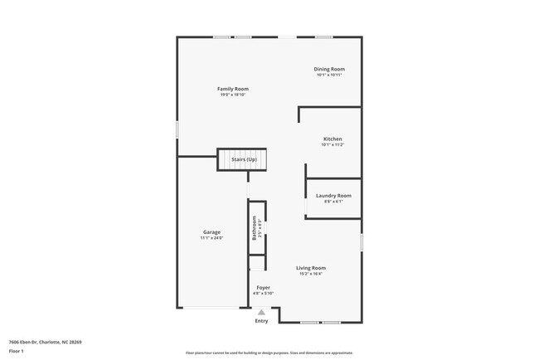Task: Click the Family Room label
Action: click(x=233, y=89)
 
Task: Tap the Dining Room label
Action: click(x=328, y=69)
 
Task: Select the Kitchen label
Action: click(x=332, y=139)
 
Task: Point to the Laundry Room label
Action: click(x=333, y=195)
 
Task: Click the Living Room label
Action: click(x=311, y=268)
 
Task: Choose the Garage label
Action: click(x=211, y=231)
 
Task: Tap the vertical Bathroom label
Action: click(x=254, y=228)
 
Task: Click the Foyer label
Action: click(x=262, y=287)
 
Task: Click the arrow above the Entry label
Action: click(x=261, y=312)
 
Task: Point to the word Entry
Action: click(x=261, y=321)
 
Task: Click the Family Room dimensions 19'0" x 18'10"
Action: click(x=233, y=95)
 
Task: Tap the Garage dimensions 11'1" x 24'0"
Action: click(x=211, y=238)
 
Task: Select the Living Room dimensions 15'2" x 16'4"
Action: click(x=311, y=275)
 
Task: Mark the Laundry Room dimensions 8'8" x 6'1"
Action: click(x=333, y=202)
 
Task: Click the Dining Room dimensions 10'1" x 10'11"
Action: click(x=328, y=75)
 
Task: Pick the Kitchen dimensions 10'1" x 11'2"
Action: click(x=332, y=145)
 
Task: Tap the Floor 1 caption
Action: click(x=17, y=351)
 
